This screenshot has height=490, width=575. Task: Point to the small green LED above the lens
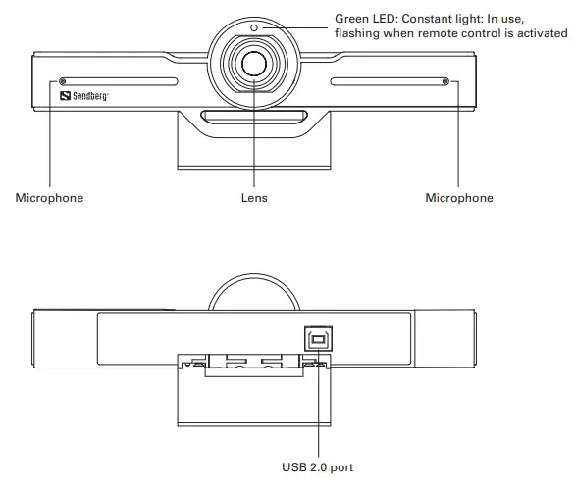tap(253, 27)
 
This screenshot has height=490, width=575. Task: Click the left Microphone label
tap(49, 198)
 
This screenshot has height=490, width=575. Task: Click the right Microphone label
tap(458, 198)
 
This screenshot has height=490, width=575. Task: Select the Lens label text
tap(254, 198)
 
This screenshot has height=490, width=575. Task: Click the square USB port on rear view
tap(317, 336)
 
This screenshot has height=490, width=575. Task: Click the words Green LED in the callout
tap(365, 19)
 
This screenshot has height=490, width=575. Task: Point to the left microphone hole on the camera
tap(64, 81)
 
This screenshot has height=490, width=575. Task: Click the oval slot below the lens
tap(253, 118)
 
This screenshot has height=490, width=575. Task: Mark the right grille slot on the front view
tap(388, 81)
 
